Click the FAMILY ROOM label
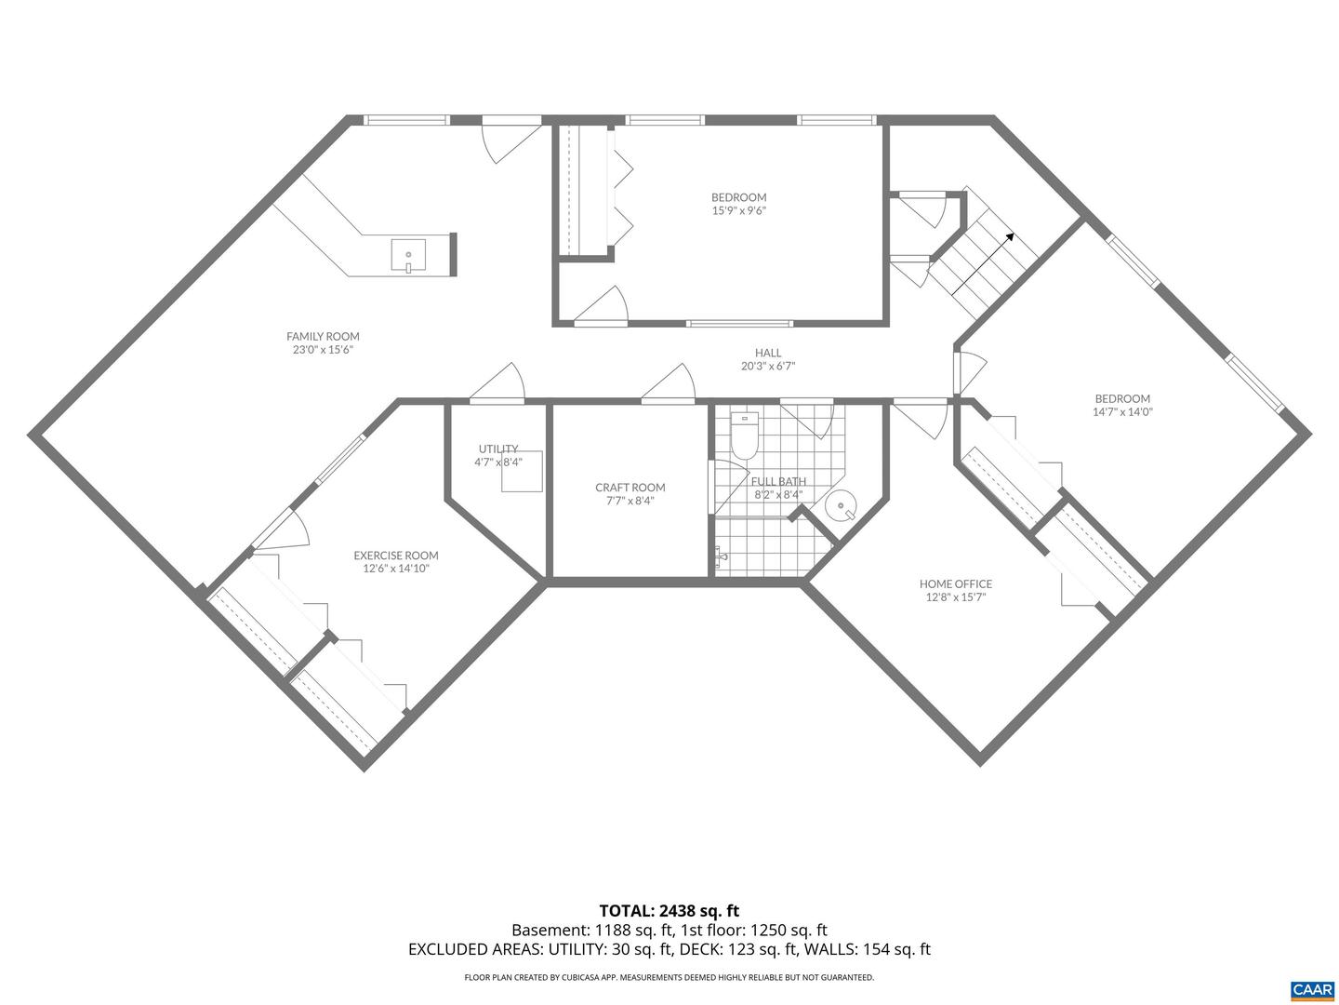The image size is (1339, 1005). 322,337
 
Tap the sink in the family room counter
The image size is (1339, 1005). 408,255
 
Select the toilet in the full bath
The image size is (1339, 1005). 745,437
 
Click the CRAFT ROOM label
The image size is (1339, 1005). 630,488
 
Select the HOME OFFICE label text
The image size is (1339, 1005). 955,584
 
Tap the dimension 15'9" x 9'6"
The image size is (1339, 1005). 738,210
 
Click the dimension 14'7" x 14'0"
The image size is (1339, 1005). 1121,411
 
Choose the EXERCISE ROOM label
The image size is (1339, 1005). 395,556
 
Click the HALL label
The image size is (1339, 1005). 767,353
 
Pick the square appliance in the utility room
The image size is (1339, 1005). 523,474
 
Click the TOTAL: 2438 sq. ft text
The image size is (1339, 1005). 669,910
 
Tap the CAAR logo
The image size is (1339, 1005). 1312,988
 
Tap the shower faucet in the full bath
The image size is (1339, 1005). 721,557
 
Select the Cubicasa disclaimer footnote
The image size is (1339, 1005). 669,977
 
